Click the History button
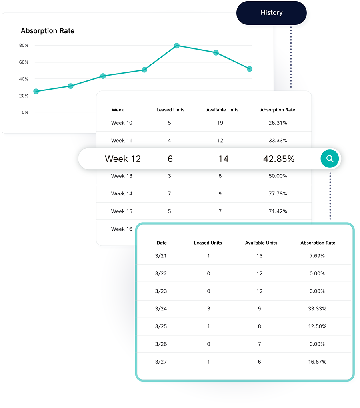pyautogui.click(x=271, y=13)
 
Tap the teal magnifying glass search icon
pyautogui.click(x=330, y=159)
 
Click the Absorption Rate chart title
pyautogui.click(x=48, y=31)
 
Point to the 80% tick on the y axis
pyautogui.click(x=24, y=46)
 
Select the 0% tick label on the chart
pyautogui.click(x=25, y=113)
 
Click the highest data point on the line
pyautogui.click(x=176, y=46)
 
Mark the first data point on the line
pyautogui.click(x=36, y=92)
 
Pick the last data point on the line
pyautogui.click(x=250, y=69)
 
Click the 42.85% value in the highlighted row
pyautogui.click(x=278, y=159)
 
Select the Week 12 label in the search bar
pyautogui.click(x=123, y=159)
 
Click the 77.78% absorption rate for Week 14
pyautogui.click(x=278, y=194)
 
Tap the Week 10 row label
pyautogui.click(x=122, y=123)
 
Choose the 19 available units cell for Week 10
pyautogui.click(x=220, y=123)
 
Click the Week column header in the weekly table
pyautogui.click(x=118, y=110)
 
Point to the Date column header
pyautogui.click(x=162, y=243)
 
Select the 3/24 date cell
pyautogui.click(x=161, y=309)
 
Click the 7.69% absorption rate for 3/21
pyautogui.click(x=318, y=256)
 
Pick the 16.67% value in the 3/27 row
pyautogui.click(x=318, y=362)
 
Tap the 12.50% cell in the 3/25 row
pyautogui.click(x=318, y=326)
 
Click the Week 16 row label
pyautogui.click(x=122, y=229)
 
